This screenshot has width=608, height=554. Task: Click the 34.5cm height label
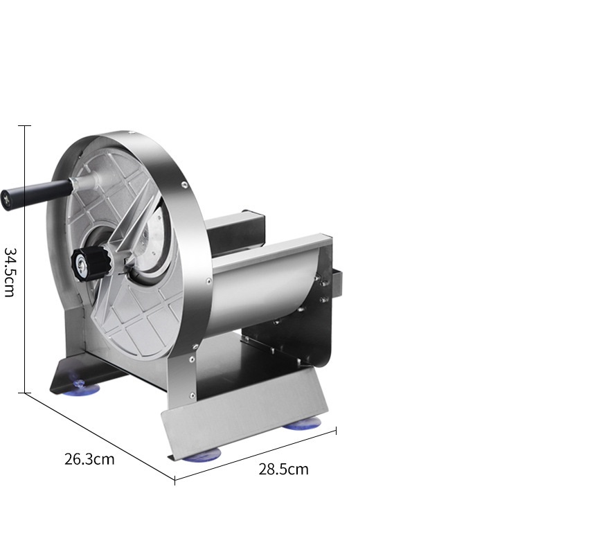tap(9, 271)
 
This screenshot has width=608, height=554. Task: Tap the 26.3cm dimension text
tap(89, 459)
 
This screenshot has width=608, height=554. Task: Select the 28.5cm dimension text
tap(283, 469)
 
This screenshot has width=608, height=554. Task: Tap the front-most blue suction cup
tap(202, 454)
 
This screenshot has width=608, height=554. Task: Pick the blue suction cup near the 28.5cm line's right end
tap(302, 423)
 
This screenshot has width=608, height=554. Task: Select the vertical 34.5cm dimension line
tap(25, 259)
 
